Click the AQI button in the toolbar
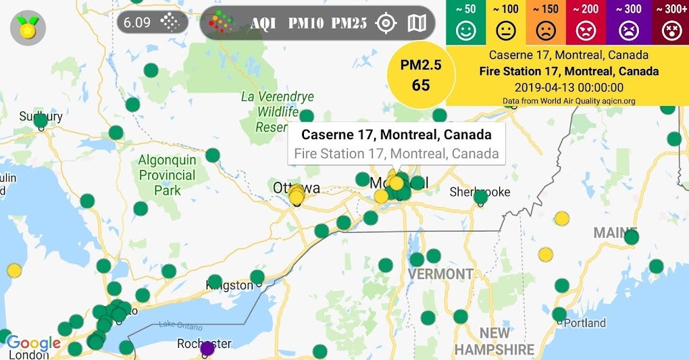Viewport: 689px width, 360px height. point(263,23)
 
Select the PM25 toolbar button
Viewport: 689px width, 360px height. point(349,23)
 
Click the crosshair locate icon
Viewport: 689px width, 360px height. point(386,23)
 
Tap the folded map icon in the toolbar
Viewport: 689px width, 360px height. point(417,23)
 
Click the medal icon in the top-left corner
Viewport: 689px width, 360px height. point(28,28)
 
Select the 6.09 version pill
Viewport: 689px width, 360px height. point(150,22)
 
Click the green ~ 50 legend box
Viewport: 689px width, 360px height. point(465,23)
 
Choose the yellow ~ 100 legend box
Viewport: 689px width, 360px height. point(506,23)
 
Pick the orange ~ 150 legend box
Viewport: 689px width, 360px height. point(546,23)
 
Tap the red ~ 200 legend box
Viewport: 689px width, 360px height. point(587,23)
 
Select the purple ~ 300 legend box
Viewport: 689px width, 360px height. point(628,23)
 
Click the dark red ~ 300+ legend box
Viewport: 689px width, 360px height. point(669,23)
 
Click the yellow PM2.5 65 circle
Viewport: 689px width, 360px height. point(421,75)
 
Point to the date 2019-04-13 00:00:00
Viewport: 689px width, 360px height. point(568,87)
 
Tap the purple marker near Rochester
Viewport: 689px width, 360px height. point(207,349)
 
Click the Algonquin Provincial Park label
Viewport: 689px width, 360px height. point(168,175)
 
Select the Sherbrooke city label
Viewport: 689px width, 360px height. point(480,192)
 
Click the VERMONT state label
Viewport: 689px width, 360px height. point(440,274)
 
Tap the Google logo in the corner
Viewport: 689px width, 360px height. point(33,343)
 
